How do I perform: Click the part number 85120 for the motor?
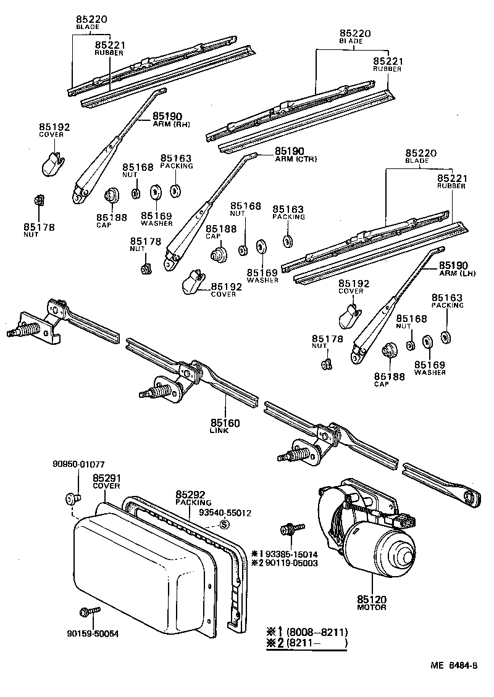(371, 599)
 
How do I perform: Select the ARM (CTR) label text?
(295, 159)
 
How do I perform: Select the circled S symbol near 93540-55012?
(224, 524)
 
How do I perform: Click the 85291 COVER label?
(106, 481)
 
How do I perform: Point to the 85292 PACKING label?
(193, 498)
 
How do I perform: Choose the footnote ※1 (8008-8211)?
(308, 632)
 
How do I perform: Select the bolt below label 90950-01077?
(70, 497)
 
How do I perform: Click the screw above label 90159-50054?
(86, 612)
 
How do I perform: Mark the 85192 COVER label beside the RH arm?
(55, 130)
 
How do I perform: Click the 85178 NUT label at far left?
(39, 230)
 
